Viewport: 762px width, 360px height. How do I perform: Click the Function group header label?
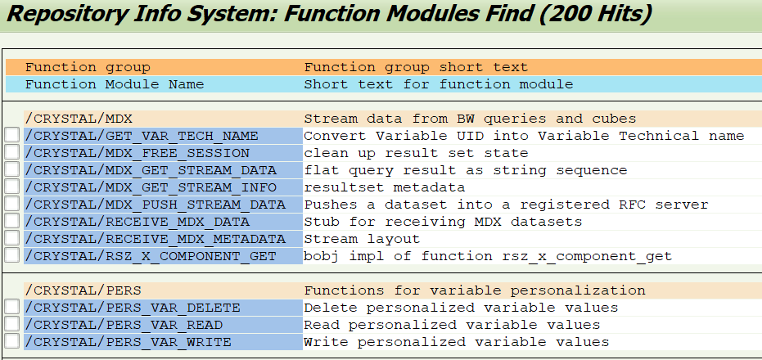88,67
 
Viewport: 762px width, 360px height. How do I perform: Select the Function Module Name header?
115,84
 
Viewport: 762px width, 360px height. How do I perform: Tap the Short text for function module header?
438,84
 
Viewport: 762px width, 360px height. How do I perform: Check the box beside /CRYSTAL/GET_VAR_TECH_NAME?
12,136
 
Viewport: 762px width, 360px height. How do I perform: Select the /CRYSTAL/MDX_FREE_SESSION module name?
138,153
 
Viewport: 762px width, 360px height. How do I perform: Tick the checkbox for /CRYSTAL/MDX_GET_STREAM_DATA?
12,170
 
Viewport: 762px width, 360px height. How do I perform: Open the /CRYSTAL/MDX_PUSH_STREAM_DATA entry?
156,205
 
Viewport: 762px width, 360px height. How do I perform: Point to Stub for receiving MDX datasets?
443,222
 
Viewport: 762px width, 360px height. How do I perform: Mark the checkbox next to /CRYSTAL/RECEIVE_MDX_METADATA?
12,239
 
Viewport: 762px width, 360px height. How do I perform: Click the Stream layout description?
362,239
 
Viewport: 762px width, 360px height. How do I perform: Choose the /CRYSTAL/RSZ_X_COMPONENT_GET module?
151,256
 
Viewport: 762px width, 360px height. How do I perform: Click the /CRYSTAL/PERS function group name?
83,290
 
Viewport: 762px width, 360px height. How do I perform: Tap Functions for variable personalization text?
475,290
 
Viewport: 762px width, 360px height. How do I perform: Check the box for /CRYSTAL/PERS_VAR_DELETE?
12,308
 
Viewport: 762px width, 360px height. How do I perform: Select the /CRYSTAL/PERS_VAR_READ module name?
128,325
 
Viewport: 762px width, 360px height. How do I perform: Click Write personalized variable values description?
456,342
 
